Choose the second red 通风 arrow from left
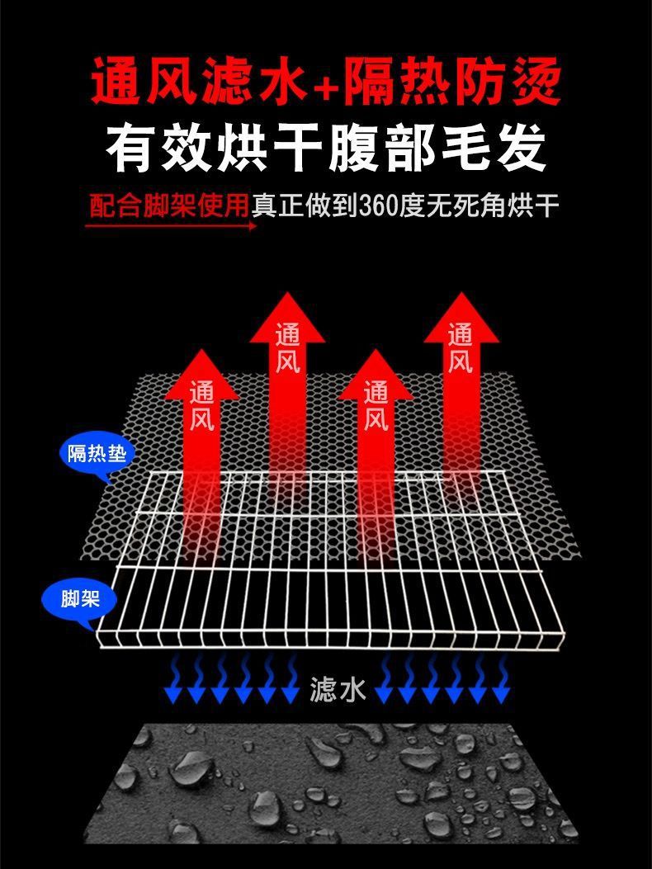[287, 347]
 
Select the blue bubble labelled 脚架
[81, 598]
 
